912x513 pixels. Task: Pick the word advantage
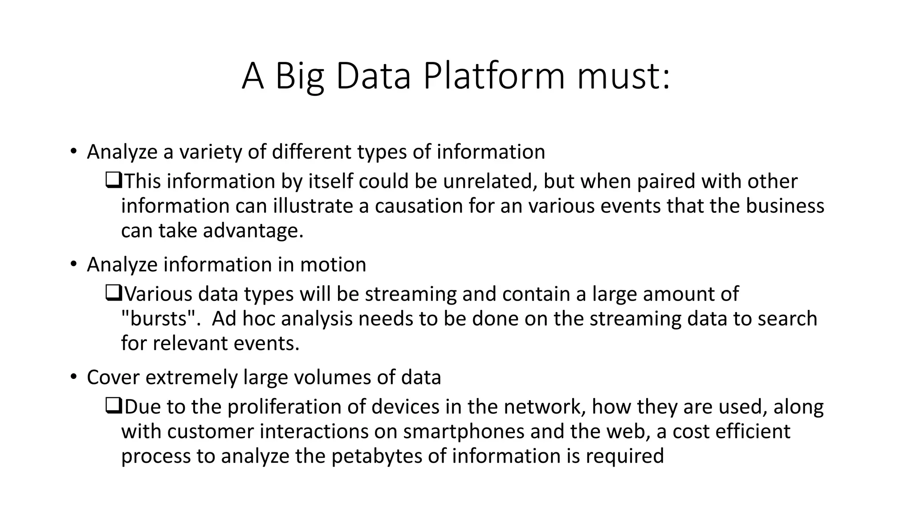coord(253,231)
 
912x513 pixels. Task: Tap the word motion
coord(333,265)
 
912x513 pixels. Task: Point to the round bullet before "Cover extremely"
coord(73,377)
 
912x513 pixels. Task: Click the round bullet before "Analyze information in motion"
coord(73,265)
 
